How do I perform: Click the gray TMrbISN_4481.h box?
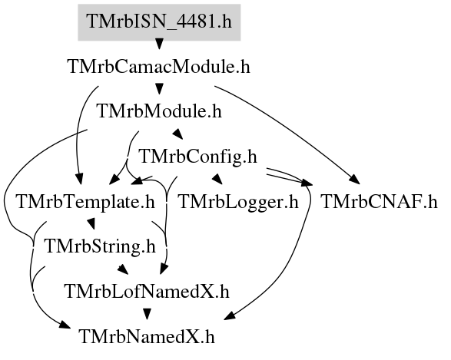[159, 22]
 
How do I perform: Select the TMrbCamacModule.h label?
[159, 67]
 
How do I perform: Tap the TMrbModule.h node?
[160, 111]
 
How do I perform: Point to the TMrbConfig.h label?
[198, 157]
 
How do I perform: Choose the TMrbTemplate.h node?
[86, 201]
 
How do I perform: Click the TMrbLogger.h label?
[238, 201]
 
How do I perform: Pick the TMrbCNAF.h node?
[379, 201]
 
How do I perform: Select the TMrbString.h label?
[100, 246]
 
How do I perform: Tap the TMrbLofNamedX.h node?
[148, 292]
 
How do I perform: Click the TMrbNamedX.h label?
[147, 336]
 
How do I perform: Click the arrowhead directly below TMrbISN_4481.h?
[159, 44]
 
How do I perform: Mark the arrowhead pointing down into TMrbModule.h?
[159, 88]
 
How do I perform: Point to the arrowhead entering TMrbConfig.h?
[177, 134]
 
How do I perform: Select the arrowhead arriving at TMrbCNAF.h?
[355, 179]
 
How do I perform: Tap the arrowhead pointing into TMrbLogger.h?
[217, 179]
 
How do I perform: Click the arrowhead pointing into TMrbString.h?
[91, 223]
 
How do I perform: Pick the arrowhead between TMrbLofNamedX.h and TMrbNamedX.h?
[148, 314]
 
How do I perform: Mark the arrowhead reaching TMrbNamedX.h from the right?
[230, 315]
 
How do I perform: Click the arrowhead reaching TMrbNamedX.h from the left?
[65, 325]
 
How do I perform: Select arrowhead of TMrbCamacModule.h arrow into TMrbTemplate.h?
[79, 179]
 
